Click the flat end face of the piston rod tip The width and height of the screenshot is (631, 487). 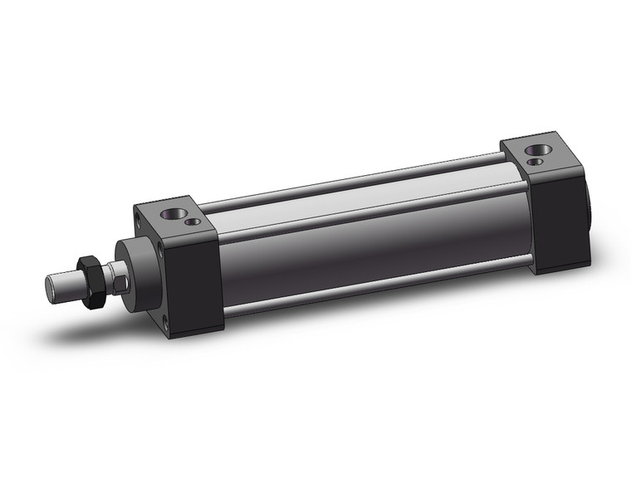pyautogui.click(x=51, y=287)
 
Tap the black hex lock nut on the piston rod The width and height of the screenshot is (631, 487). pyautogui.click(x=90, y=281)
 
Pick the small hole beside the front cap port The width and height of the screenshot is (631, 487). pyautogui.click(x=194, y=222)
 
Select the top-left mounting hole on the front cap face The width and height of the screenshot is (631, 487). pyautogui.click(x=138, y=220)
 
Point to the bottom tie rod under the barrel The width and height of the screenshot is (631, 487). pyautogui.click(x=374, y=286)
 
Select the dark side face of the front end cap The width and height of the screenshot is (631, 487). pyautogui.click(x=195, y=282)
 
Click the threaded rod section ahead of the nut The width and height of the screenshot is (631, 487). pyautogui.click(x=68, y=285)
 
